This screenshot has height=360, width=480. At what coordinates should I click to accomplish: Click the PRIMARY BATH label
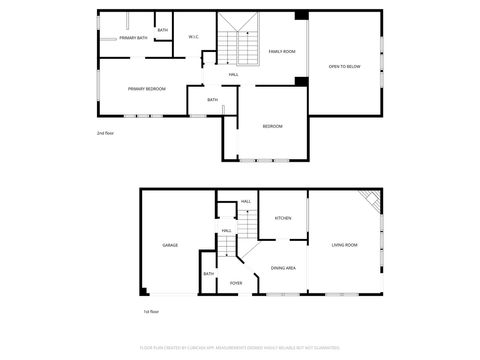coord(133,38)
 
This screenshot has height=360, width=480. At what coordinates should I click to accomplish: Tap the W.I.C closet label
coord(194,38)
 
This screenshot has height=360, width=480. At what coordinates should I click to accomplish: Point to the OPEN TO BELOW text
coord(344,67)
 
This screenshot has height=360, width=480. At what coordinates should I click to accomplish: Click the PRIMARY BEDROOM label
coord(146,89)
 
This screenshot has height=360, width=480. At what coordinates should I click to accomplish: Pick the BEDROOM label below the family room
coord(272,126)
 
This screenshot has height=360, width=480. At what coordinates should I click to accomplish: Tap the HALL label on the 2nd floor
coord(233,75)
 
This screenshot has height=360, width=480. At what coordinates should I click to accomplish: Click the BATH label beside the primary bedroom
coord(212,100)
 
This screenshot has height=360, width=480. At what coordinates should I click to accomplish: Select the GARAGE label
coord(170,245)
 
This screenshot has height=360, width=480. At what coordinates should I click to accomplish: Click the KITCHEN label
coord(283,218)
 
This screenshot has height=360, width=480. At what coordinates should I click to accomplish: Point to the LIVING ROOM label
coord(346,245)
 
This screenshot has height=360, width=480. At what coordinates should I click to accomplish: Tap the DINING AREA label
coord(283,268)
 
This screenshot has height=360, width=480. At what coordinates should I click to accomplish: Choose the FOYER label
coord(236,283)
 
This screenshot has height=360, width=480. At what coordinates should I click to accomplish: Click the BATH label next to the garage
coord(209,274)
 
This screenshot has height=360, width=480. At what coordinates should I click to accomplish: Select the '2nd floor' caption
coord(105,133)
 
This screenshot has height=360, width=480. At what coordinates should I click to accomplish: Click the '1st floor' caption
coord(151,312)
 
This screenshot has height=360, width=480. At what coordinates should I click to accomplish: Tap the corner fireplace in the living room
coord(372,201)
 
